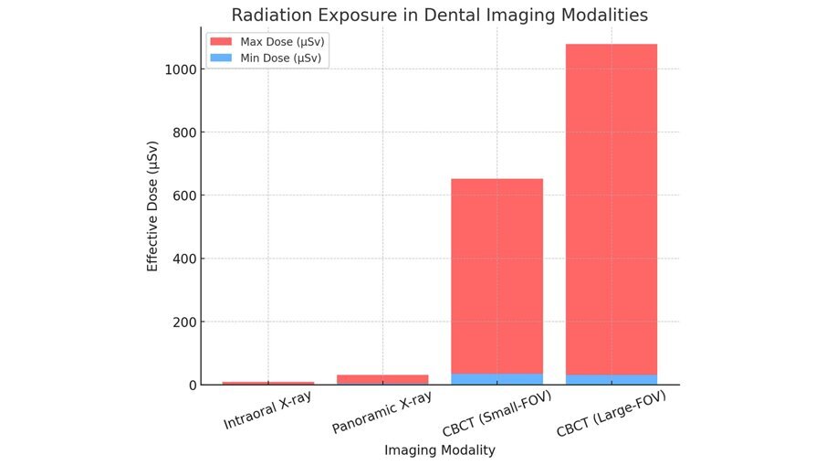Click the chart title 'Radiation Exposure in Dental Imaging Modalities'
[439, 16]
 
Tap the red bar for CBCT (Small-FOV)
[497, 275]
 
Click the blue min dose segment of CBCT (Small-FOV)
[497, 379]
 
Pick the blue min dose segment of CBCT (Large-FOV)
[612, 379]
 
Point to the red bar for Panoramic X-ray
[382, 378]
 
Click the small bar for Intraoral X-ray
[268, 383]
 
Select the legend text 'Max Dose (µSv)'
[282, 42]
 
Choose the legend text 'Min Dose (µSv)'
[281, 58]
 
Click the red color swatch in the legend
[222, 42]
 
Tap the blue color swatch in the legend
[222, 58]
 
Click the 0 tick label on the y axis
[193, 385]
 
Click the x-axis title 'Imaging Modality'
[439, 450]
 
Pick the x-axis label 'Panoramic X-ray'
[382, 414]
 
